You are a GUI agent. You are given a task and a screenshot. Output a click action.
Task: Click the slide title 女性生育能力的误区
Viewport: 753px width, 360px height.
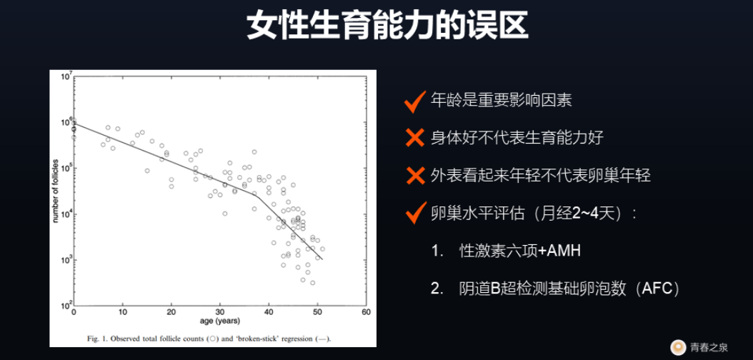pyautogui.click(x=388, y=25)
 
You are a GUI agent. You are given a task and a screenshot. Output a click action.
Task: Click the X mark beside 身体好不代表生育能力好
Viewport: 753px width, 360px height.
pyautogui.click(x=414, y=139)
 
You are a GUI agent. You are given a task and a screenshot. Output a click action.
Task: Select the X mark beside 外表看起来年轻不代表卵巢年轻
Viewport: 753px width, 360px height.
pyautogui.click(x=414, y=176)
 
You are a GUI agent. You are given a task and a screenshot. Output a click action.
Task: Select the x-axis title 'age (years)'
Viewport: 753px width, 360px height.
pyautogui.click(x=221, y=320)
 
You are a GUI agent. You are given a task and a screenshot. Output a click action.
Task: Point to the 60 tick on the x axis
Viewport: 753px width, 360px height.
pyautogui.click(x=366, y=312)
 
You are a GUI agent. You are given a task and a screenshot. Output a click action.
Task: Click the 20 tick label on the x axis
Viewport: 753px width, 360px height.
pyautogui.click(x=171, y=312)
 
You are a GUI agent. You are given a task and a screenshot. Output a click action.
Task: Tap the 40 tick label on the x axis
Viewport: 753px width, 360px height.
pyautogui.click(x=269, y=312)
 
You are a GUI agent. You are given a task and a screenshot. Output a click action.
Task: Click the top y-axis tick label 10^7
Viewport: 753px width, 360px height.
pyautogui.click(x=66, y=76)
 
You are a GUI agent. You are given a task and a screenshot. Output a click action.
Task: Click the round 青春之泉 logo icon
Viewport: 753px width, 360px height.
pyautogui.click(x=677, y=346)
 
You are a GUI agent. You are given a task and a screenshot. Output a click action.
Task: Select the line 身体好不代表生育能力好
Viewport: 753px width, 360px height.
pyautogui.click(x=518, y=139)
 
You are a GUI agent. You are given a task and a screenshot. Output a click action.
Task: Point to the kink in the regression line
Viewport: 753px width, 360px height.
pyautogui.click(x=256, y=195)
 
